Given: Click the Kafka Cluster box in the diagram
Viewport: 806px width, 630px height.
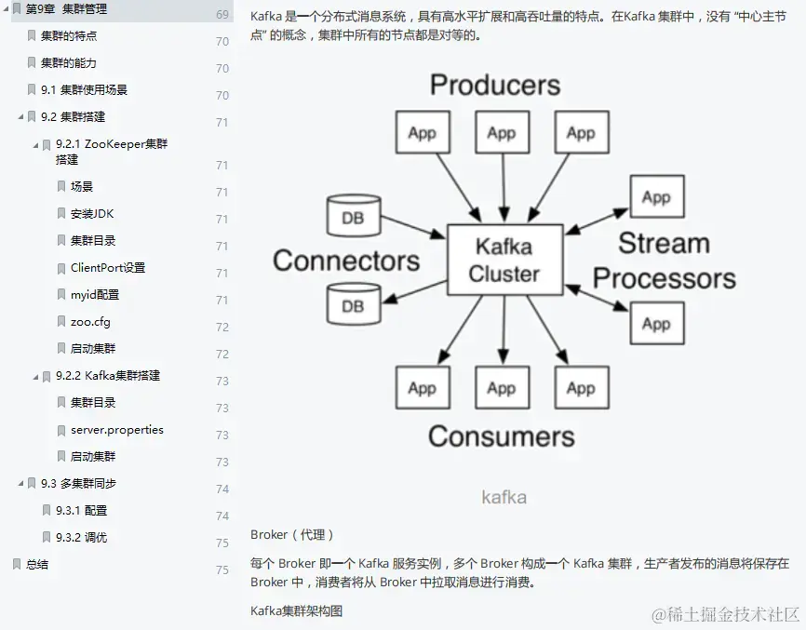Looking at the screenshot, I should click(504, 260).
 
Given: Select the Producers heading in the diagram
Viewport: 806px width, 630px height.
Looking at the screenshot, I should click(495, 86).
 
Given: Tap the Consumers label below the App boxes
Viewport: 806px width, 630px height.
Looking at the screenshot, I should click(501, 436).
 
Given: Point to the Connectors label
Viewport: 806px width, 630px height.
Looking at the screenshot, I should click(346, 261).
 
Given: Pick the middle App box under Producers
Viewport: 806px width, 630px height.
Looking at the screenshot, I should click(501, 133).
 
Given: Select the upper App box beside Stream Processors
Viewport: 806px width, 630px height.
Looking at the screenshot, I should click(656, 197).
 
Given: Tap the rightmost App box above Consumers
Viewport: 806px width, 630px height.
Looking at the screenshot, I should click(581, 388).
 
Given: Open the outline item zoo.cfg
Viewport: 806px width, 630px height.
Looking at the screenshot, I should click(90, 322).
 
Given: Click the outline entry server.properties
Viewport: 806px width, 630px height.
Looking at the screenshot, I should click(116, 430).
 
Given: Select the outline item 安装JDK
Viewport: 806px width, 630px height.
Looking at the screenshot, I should click(91, 214).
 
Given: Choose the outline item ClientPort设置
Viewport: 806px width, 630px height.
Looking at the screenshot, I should click(108, 268).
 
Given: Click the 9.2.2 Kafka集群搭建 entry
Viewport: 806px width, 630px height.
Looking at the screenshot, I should click(107, 376).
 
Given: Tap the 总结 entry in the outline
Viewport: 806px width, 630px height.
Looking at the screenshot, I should click(37, 565).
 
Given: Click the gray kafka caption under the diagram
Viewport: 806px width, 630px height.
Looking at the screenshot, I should click(504, 497).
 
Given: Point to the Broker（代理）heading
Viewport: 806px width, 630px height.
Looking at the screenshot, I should click(292, 535).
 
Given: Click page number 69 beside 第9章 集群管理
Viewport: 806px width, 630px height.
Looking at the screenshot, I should click(222, 15).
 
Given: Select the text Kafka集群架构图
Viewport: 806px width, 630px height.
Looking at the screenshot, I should click(296, 611).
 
